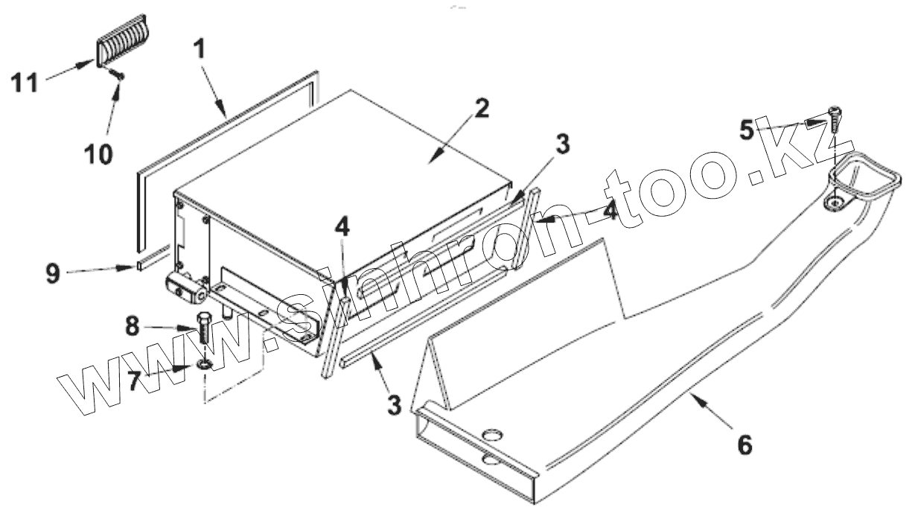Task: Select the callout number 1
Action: click(200, 51)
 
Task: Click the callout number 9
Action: click(53, 273)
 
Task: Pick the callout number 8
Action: click(132, 327)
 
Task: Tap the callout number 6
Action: click(744, 445)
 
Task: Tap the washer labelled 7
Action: click(204, 365)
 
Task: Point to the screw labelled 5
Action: click(835, 120)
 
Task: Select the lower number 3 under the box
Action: click(394, 404)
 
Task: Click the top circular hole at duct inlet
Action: click(492, 435)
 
